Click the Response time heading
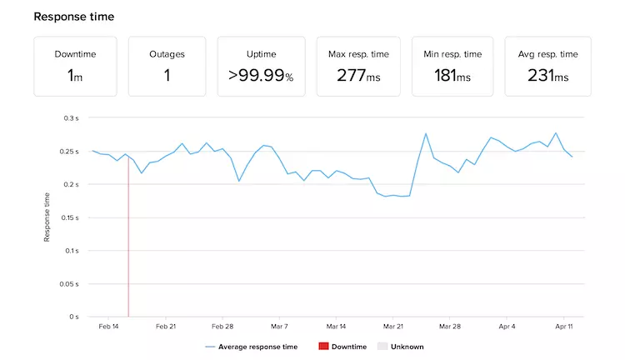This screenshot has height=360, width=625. (x=74, y=17)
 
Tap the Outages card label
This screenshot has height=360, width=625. (x=167, y=53)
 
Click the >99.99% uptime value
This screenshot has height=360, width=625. (x=260, y=75)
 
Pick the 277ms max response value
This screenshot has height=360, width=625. (x=357, y=75)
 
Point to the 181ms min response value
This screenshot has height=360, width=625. (x=452, y=75)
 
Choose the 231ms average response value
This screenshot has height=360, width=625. (x=547, y=75)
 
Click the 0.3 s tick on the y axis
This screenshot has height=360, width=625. (x=71, y=118)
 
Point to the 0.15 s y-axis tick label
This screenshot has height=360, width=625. (x=69, y=217)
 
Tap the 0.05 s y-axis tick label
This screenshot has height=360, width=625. (x=69, y=284)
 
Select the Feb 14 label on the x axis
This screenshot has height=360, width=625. (x=109, y=327)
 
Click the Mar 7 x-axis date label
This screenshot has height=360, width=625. (x=279, y=327)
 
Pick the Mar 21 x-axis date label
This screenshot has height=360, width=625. (x=393, y=327)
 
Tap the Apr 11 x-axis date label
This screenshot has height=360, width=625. (x=564, y=327)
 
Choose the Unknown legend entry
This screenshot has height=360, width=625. (x=403, y=346)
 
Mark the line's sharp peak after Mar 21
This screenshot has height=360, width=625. (x=426, y=133)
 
